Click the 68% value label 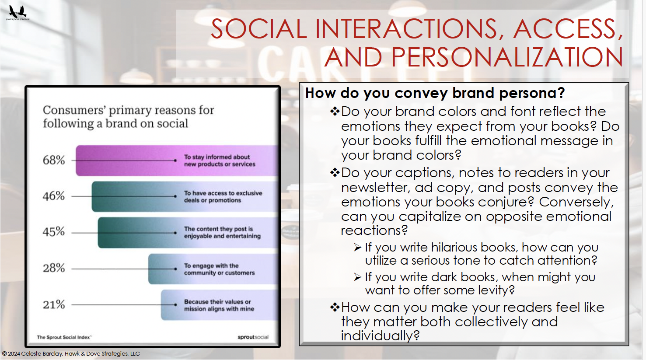click(54, 160)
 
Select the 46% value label click(54, 196)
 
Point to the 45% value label click(54, 232)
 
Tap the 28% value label click(54, 268)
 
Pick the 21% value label click(54, 304)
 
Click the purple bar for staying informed click(177, 161)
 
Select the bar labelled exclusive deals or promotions click(185, 196)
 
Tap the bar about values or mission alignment click(220, 305)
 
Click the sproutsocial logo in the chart click(253, 337)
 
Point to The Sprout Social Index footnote click(64, 337)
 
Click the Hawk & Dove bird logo click(18, 12)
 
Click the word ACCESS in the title click(567, 29)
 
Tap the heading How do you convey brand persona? click(435, 93)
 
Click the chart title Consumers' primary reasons click(128, 117)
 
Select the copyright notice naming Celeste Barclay click(71, 353)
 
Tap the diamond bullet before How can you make click(335, 308)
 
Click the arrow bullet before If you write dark click(358, 277)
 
